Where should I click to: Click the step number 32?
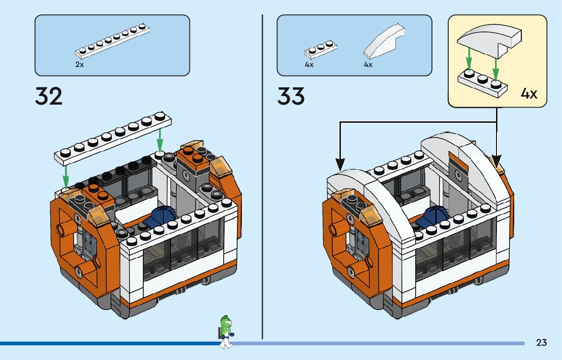click(49, 96)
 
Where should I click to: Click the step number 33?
click(291, 96)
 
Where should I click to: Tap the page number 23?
click(541, 343)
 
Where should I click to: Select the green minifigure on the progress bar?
click(226, 331)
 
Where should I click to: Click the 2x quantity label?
click(79, 64)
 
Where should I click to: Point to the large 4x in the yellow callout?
click(529, 94)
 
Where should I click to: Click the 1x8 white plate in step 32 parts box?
click(112, 42)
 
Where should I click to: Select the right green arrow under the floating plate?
click(160, 140)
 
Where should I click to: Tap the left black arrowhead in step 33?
click(340, 163)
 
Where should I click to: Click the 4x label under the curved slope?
click(368, 64)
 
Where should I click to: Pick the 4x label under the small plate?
click(309, 64)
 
